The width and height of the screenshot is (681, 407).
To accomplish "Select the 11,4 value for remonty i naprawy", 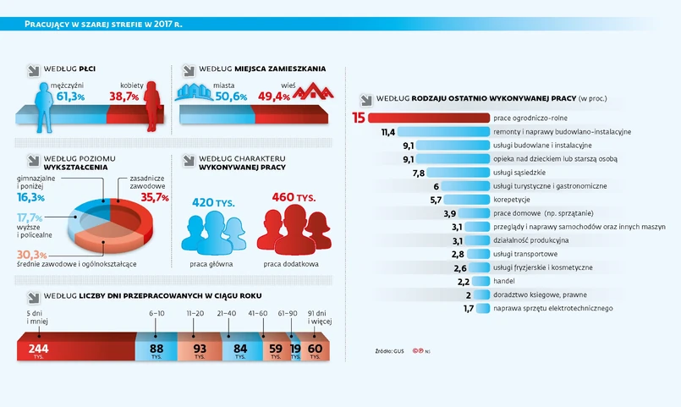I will coord(388,132).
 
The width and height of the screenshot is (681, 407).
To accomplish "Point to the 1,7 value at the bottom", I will coord(469,309).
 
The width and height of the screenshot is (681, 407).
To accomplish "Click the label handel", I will coord(504,281).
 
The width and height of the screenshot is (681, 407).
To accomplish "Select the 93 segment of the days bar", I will coord(200,349).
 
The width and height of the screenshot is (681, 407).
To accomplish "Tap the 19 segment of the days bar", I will coord(295,349).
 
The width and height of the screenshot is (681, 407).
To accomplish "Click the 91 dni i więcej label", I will coord(320,318).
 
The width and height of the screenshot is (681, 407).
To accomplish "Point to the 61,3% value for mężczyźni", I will coord(70,96).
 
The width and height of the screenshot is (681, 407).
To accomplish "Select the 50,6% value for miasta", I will coord(231,96).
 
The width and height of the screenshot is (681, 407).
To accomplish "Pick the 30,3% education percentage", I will coord(31,255).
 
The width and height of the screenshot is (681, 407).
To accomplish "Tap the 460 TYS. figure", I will coord(293,197).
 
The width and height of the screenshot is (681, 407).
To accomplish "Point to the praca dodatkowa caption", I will coord(291,264).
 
